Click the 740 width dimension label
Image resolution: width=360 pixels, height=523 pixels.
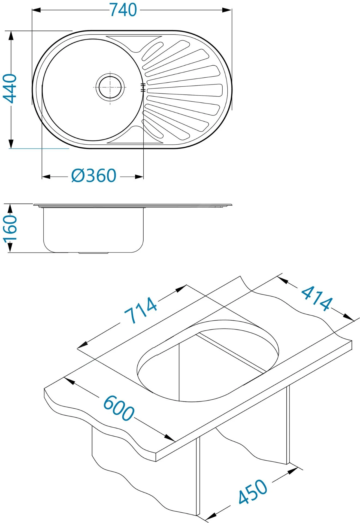click(x=123, y=10)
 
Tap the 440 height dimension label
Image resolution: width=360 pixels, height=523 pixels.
click(x=10, y=89)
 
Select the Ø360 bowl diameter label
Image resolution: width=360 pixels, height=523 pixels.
click(x=94, y=176)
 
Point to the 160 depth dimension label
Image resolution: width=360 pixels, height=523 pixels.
click(x=10, y=228)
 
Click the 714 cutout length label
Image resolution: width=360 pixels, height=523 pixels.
click(x=141, y=310)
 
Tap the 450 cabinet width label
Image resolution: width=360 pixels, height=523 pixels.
click(x=253, y=491)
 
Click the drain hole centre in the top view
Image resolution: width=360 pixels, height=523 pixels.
click(x=110, y=87)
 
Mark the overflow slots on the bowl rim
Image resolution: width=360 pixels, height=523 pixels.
click(x=142, y=87)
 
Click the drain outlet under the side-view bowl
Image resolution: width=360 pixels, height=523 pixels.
click(x=93, y=253)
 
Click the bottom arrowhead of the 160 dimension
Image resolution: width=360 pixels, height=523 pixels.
click(x=10, y=248)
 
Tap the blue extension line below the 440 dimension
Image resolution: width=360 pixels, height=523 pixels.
click(x=40, y=149)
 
